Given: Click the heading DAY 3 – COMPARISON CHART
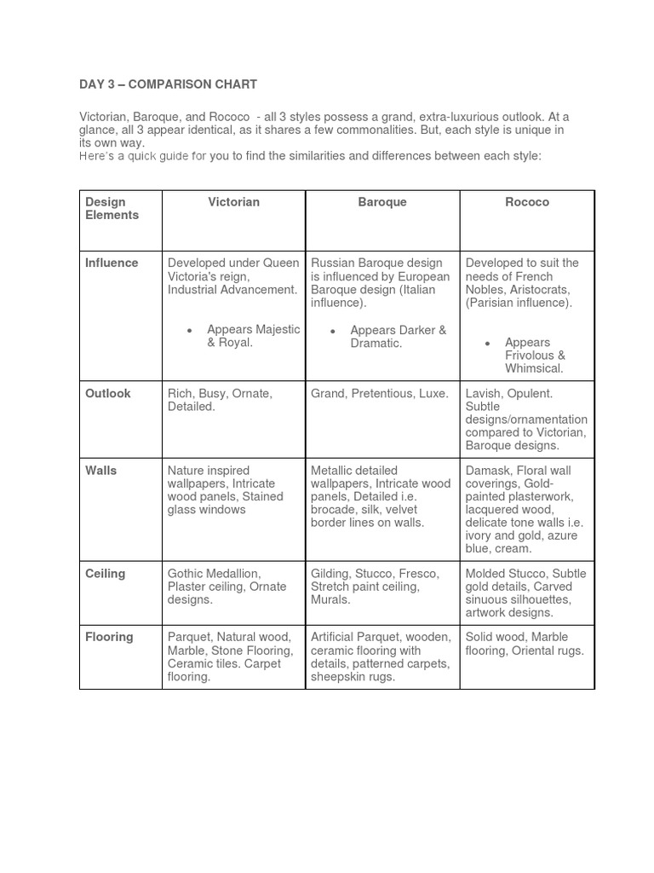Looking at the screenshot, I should point(168,84).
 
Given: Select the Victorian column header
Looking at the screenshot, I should point(233,202).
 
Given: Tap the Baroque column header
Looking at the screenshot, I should point(382,202).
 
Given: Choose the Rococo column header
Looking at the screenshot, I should point(527,202).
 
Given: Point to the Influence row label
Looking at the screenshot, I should point(111,263).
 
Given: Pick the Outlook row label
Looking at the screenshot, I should point(108,394).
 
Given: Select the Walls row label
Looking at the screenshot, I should point(101,471).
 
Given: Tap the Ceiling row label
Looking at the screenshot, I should point(105,574).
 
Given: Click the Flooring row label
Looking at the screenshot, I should point(109,637).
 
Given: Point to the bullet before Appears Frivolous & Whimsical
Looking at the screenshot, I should point(487,343).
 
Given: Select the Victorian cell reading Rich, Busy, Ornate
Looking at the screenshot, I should point(220,400).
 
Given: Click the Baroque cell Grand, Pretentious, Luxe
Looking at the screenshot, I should point(379,394).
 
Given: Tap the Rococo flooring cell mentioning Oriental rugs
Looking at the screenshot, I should point(525,644).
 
